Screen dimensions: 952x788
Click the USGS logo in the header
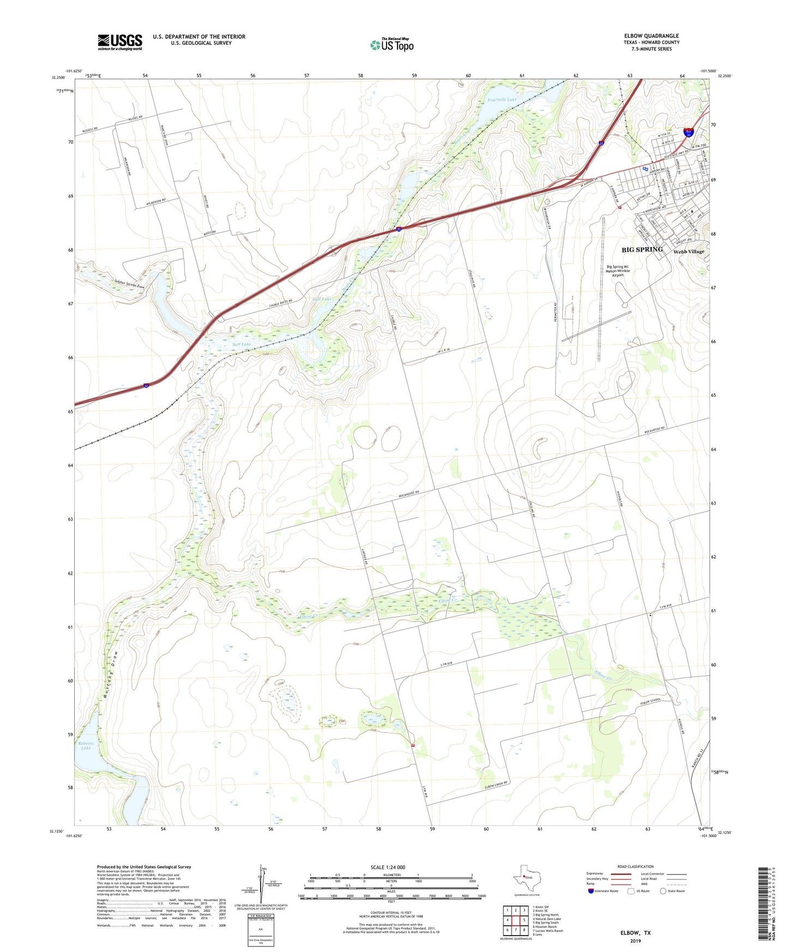click(x=119, y=42)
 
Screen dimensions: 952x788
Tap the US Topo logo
click(x=392, y=44)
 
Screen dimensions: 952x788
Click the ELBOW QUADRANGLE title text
click(x=651, y=36)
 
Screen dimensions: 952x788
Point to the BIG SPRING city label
click(x=642, y=250)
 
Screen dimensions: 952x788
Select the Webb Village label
click(x=688, y=252)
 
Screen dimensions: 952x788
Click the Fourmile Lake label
click(x=502, y=100)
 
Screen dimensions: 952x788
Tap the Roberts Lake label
click(x=86, y=745)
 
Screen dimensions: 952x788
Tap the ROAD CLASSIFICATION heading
click(x=635, y=866)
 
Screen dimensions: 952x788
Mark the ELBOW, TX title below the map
click(x=635, y=933)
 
